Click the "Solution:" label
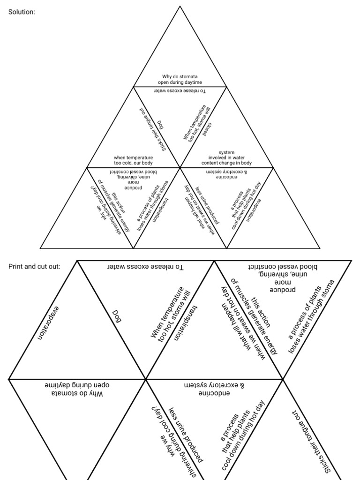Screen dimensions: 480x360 pos(22,12)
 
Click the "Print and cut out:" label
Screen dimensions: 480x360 pos(34,266)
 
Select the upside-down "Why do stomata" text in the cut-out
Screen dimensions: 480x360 pos(77,388)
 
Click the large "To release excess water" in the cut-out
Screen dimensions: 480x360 pos(145,267)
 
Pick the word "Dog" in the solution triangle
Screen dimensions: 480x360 pos(159,125)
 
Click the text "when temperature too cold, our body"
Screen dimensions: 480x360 pos(134,160)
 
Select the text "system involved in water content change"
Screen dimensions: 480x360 pos(226,158)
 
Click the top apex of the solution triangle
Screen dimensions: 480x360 pos(180,6)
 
